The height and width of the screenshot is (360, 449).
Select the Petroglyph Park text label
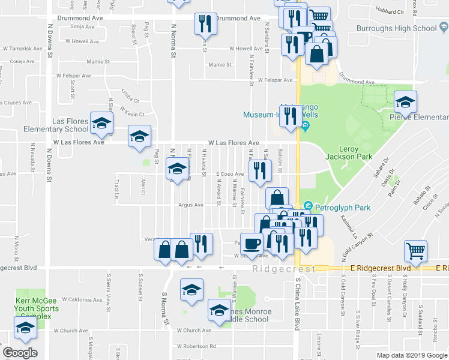click(343, 208)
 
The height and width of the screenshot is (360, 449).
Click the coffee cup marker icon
click(252, 244)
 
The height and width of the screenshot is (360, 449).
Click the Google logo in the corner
click(20, 353)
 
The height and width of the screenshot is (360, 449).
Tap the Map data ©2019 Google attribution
click(411, 355)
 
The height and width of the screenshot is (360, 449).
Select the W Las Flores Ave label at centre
click(234, 143)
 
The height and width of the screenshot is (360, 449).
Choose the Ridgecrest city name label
click(283, 269)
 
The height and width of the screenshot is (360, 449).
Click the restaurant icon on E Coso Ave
click(259, 170)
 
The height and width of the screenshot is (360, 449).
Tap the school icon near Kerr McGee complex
click(25, 327)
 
